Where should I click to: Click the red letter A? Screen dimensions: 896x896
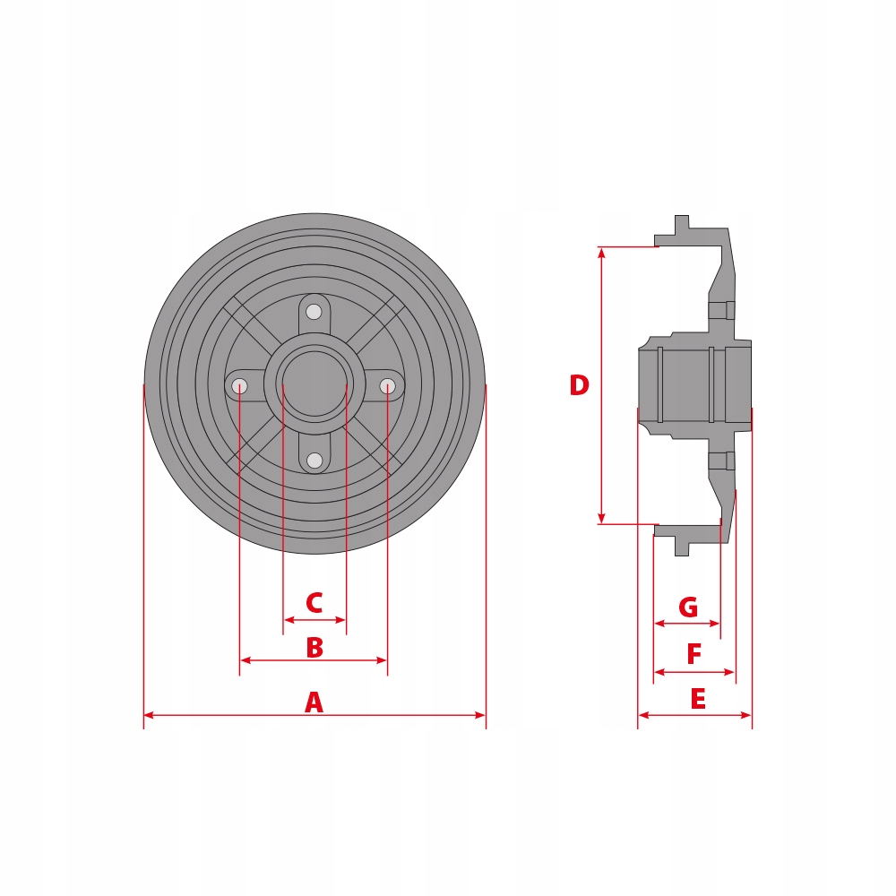pos(314,702)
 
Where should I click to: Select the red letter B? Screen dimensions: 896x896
pos(314,648)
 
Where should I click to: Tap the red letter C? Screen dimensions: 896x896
pos(314,603)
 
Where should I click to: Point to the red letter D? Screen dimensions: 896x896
pos(580,385)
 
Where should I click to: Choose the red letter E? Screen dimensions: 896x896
pos(698,700)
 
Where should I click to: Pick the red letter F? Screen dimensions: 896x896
pos(694,655)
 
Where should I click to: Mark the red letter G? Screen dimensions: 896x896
pos(688,607)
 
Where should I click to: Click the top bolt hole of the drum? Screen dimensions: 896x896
pos(314,312)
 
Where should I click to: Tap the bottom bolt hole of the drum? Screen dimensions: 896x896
pos(314,460)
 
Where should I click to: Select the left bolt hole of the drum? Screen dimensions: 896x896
pos(240,386)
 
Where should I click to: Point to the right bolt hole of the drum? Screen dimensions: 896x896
pos(387,386)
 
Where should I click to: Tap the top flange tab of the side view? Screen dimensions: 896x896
pos(682,224)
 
